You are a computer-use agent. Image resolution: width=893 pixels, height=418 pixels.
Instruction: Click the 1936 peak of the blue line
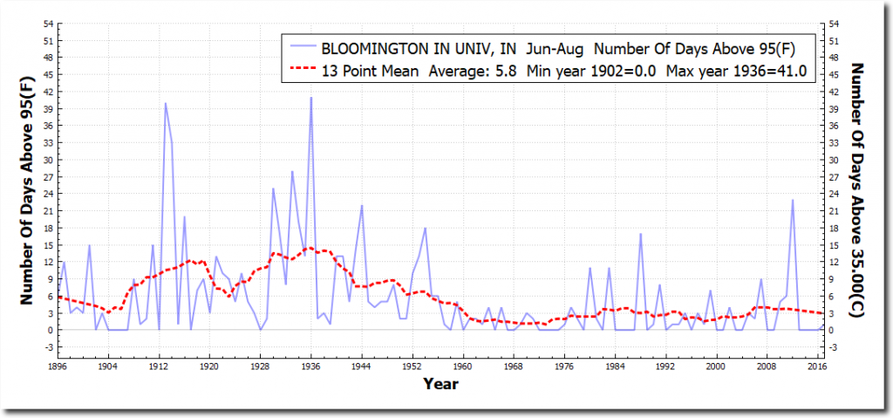tap(311, 98)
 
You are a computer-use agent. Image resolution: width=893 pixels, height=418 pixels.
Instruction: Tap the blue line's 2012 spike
tap(793, 200)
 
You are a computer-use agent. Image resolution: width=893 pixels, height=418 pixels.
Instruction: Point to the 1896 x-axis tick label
tap(58, 367)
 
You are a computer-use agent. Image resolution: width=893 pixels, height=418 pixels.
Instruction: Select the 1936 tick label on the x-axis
tap(311, 367)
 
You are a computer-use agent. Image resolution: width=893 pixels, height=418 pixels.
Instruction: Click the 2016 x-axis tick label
tap(818, 367)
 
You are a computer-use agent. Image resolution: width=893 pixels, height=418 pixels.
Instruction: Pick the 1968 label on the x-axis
tap(514, 367)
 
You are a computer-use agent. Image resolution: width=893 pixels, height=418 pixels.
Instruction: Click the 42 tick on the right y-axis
tap(834, 91)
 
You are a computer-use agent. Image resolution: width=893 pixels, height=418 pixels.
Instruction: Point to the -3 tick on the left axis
tap(48, 347)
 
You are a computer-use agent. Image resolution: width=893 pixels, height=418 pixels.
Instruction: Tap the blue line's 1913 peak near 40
tap(166, 103)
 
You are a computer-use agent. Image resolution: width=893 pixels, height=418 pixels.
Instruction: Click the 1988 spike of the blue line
tap(641, 234)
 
